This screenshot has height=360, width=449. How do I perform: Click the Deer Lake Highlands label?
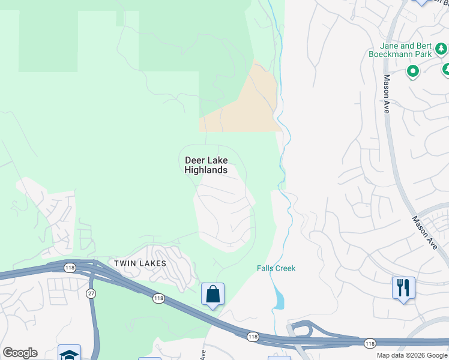tap(206, 165)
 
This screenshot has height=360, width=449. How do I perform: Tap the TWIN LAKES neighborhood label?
tap(139, 263)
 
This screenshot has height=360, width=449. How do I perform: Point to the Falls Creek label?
tap(276, 268)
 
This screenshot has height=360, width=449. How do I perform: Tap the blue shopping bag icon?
tap(212, 294)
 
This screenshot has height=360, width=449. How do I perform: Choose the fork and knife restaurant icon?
tap(403, 288)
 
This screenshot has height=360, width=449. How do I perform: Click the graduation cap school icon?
tap(69, 354)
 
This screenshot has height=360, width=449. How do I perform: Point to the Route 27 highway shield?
tap(91, 293)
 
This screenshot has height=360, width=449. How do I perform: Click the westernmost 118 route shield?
tap(70, 268)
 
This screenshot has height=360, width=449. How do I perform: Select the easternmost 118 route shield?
tap(369, 343)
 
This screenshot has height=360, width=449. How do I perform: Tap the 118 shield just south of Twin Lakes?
tap(158, 298)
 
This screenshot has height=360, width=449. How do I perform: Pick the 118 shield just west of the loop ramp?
tap(252, 337)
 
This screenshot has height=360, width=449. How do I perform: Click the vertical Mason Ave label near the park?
tap(387, 90)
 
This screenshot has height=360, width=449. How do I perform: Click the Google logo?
tap(20, 353)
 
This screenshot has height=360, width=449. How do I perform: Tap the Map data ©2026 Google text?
tap(412, 355)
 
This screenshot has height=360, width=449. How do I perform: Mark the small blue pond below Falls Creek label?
tap(277, 297)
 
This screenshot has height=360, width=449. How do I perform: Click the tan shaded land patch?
tap(246, 105)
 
